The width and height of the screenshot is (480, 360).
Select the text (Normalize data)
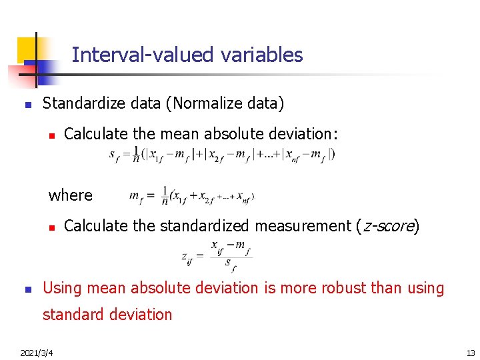[225, 103]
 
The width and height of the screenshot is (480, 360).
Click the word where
[70, 195]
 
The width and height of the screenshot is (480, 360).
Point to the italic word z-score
[387, 226]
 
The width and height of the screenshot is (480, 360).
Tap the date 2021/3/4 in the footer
[37, 351]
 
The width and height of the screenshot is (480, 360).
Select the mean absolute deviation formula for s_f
[222, 155]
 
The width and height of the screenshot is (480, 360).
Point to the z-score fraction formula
[217, 257]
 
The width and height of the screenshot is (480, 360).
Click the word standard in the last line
[71, 314]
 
